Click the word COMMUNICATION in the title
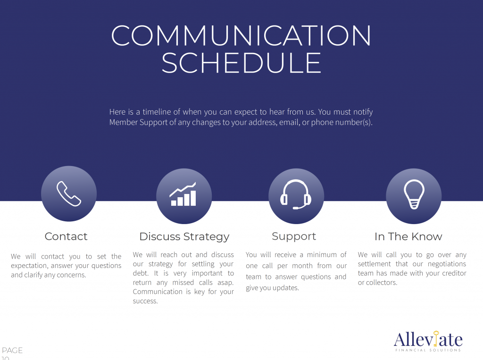pyautogui.click(x=241, y=36)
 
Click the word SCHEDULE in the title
pyautogui.click(x=241, y=63)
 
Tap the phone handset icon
pyautogui.click(x=69, y=193)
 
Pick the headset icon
pyautogui.click(x=296, y=194)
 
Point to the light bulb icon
pyautogui.click(x=414, y=194)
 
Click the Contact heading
pyautogui.click(x=66, y=236)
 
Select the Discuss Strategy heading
pyautogui.click(x=184, y=237)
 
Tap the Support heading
pyautogui.click(x=294, y=236)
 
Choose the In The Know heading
pyautogui.click(x=408, y=236)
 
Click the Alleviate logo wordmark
pyautogui.click(x=428, y=340)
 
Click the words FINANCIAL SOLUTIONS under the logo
pyautogui.click(x=428, y=350)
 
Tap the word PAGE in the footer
pyautogui.click(x=12, y=351)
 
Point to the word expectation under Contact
pyautogui.click(x=29, y=266)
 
